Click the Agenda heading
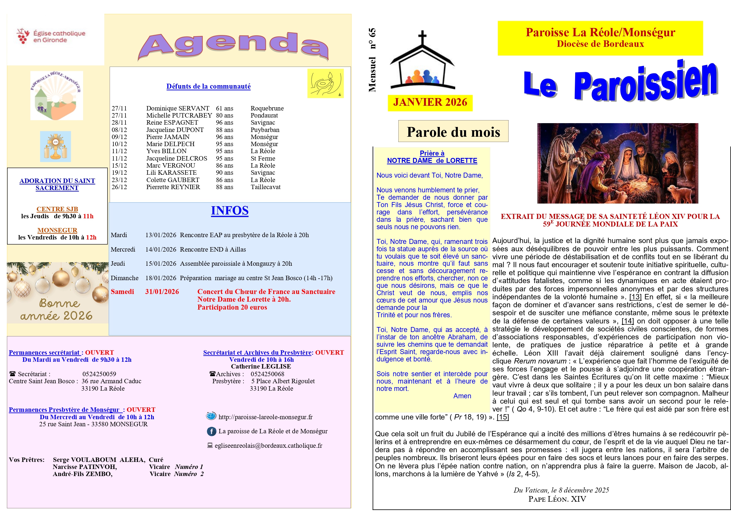click(x=233, y=46)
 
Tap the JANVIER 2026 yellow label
click(x=430, y=103)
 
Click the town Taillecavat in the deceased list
click(x=265, y=187)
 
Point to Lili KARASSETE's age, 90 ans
click(x=225, y=173)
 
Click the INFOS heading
click(x=230, y=211)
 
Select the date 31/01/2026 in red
click(x=162, y=292)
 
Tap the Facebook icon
click(x=212, y=431)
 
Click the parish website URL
click(x=265, y=417)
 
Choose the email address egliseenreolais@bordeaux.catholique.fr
click(x=268, y=446)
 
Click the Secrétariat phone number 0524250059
click(x=99, y=374)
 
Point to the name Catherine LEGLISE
click(x=261, y=367)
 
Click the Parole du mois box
click(x=453, y=132)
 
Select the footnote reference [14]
click(x=628, y=321)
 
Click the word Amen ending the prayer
click(x=462, y=396)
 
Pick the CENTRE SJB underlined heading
click(x=57, y=209)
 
